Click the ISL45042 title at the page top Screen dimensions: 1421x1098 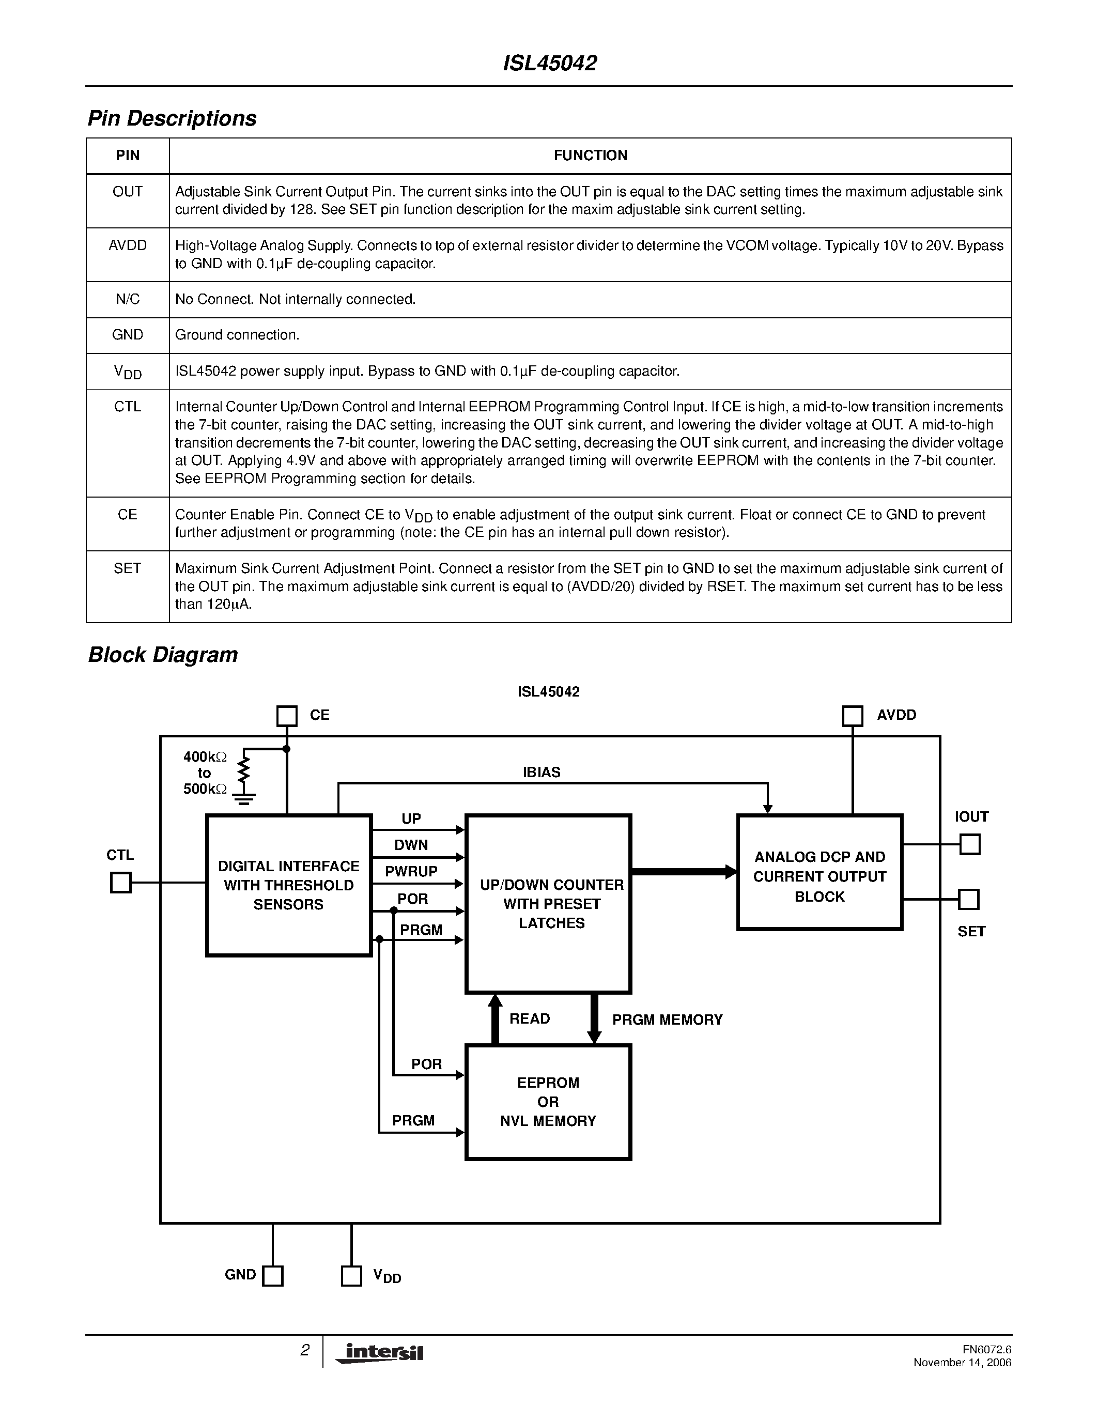550,63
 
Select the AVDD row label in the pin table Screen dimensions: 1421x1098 128,245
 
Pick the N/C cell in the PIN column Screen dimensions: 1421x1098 128,299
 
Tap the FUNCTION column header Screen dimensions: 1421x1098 590,156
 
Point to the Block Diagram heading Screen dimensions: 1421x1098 163,655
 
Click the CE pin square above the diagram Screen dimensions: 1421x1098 287,716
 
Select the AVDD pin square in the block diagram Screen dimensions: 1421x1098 852,716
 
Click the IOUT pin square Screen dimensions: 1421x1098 970,844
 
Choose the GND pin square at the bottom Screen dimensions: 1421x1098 272,1276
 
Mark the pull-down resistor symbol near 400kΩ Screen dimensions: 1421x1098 244,771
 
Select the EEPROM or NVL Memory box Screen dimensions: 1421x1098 548,1102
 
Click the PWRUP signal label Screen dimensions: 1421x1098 411,871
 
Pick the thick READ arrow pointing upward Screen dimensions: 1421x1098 495,1019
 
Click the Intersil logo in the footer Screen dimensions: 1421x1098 380,1353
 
